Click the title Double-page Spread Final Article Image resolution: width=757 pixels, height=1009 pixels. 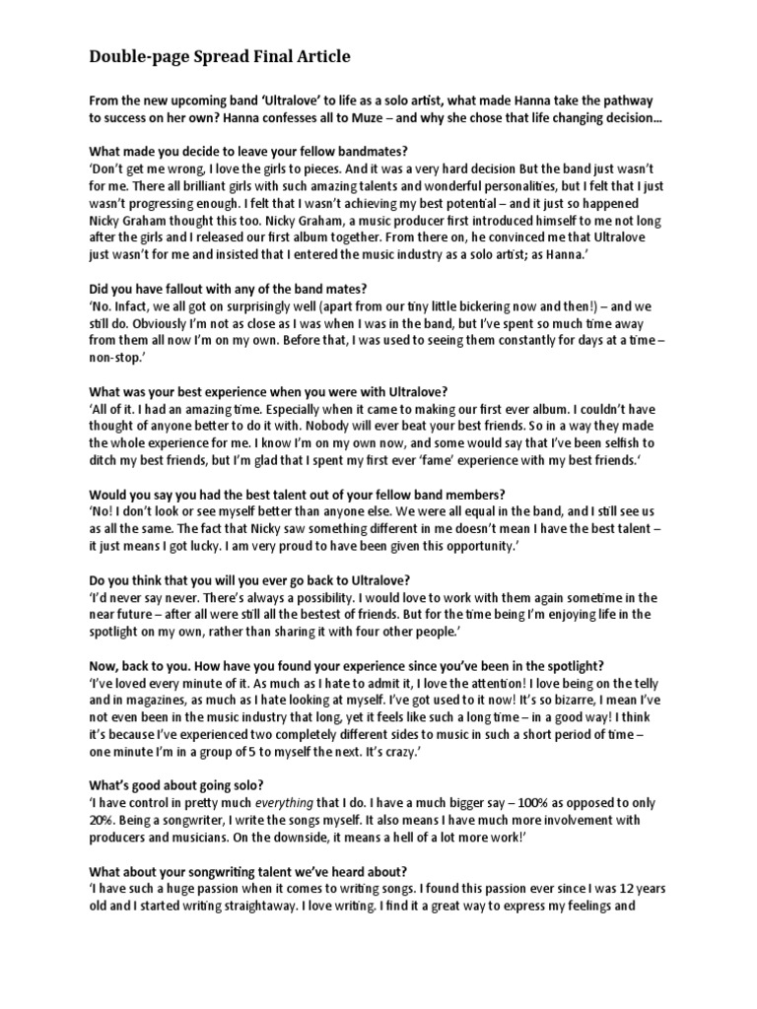tap(219, 57)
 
